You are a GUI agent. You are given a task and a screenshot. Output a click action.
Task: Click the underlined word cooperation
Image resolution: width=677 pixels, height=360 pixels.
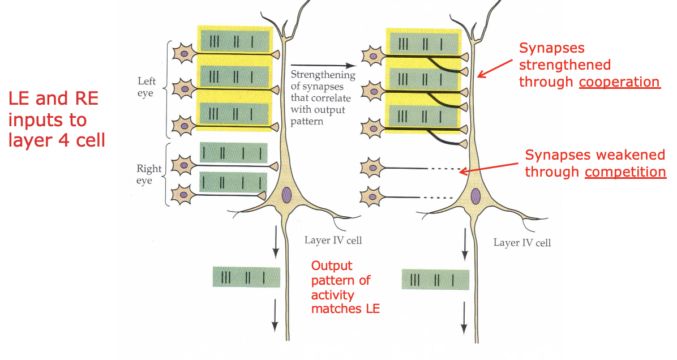(x=619, y=82)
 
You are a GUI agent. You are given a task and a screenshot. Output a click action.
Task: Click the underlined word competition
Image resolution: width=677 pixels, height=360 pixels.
(x=625, y=171)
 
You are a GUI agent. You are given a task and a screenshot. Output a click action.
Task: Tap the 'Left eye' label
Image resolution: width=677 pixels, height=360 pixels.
(x=145, y=87)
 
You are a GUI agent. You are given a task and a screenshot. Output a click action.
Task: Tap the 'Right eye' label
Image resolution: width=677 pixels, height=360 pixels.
(x=149, y=174)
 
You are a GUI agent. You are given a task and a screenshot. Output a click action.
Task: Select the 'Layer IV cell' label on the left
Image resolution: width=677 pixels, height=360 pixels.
(x=333, y=240)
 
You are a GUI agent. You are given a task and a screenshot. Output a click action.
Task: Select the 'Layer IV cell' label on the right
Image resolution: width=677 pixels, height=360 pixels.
(x=522, y=242)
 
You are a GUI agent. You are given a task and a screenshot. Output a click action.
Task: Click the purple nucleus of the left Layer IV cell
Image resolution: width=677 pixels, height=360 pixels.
(x=286, y=196)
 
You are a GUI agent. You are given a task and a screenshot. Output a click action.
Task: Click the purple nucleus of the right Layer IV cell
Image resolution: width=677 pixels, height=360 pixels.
(x=475, y=197)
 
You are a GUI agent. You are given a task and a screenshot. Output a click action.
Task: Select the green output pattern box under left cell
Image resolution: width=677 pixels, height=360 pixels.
(x=246, y=277)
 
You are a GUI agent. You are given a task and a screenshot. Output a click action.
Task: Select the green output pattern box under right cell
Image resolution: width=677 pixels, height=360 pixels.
(x=435, y=280)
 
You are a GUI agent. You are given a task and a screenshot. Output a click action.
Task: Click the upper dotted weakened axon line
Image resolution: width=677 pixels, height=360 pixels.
(x=442, y=168)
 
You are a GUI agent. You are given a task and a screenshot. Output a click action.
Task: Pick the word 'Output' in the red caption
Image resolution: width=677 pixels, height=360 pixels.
(x=332, y=265)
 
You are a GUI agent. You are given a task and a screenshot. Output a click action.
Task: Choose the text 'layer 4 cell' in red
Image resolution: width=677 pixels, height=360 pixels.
(x=57, y=139)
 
